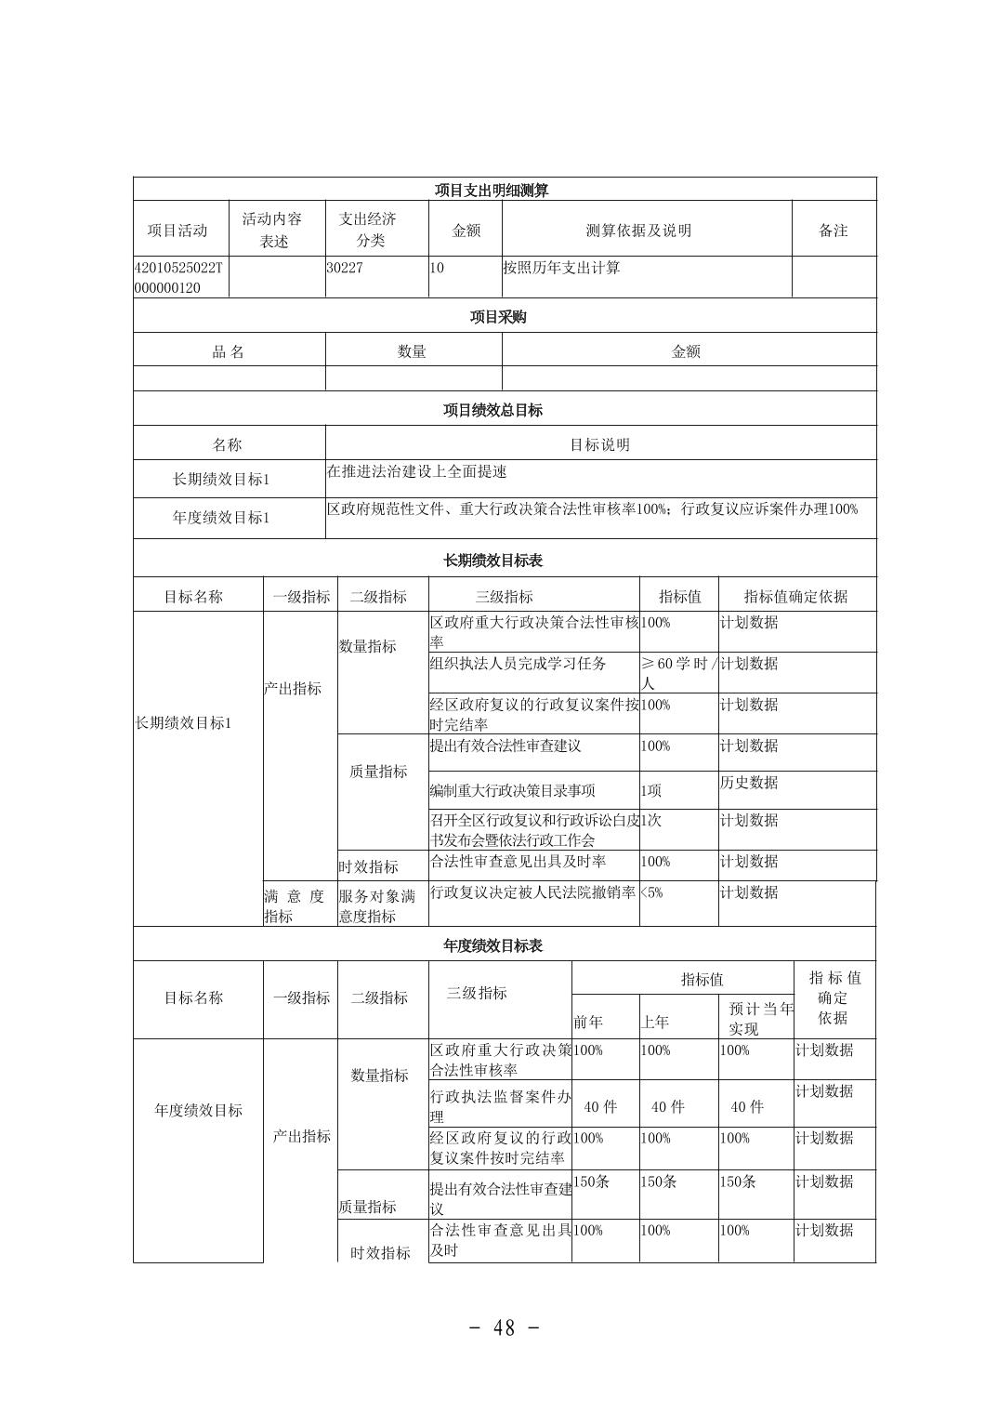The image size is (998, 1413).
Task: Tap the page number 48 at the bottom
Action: [504, 1327]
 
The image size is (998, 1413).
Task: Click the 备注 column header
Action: [833, 230]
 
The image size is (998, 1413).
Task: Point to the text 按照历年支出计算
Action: [561, 268]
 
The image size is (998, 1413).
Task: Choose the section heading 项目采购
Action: [498, 317]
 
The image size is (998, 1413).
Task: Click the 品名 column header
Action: [229, 351]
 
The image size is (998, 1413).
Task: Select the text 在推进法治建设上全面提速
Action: [416, 471]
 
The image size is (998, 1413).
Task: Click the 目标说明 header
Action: [599, 444]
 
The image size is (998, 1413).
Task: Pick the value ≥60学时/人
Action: [678, 672]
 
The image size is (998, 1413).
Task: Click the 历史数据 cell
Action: [750, 783]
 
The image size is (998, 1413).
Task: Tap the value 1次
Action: [651, 821]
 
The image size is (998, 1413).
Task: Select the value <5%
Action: [651, 892]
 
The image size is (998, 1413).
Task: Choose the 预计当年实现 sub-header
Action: [759, 1018]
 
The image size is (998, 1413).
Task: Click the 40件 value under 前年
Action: [600, 1106]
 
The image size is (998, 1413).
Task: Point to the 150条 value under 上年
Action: [658, 1182]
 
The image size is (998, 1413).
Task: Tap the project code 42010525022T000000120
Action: [178, 277]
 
